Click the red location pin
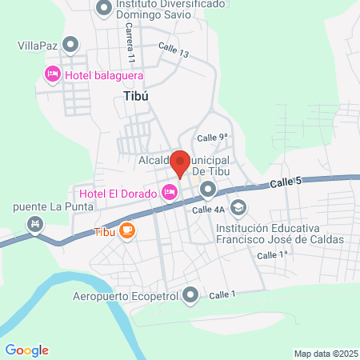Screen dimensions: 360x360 181,163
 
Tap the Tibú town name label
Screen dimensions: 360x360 137,94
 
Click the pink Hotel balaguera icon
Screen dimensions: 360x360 52,74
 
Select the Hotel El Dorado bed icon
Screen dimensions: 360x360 169,190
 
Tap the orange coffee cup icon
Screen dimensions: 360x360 127,231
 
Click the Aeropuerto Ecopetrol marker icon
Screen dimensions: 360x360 190,296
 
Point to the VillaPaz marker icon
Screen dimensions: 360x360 70,45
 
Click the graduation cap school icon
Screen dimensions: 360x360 238,208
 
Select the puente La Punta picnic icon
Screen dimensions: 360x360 34,223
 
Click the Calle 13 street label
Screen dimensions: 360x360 174,50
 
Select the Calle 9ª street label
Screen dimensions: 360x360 213,138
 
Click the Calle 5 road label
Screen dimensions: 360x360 285,183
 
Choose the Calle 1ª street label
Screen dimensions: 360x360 272,254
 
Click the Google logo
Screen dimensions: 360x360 26,350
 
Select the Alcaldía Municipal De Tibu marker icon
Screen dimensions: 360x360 208,190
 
